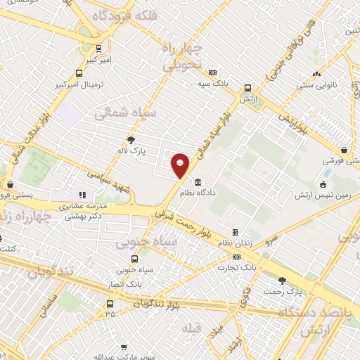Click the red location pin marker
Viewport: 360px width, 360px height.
(181, 165)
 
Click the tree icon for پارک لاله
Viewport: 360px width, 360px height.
(130, 139)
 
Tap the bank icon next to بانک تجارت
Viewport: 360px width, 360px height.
(236, 256)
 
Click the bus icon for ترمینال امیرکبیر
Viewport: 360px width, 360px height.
(79, 72)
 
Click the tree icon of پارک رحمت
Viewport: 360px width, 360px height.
(282, 280)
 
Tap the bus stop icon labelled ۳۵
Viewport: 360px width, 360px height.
(110, 304)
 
